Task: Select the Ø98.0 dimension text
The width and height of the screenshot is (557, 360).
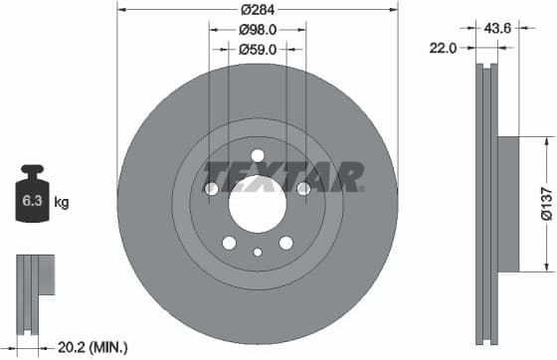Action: [x=258, y=29]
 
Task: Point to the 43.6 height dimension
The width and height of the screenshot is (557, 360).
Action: [x=496, y=28]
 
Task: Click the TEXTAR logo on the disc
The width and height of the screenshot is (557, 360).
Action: [x=284, y=177]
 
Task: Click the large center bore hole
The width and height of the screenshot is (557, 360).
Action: [x=258, y=205]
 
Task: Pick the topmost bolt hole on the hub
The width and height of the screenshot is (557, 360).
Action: [x=258, y=155]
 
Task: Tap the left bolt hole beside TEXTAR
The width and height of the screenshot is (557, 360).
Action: [x=211, y=189]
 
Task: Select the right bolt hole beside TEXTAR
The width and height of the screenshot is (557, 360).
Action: [x=304, y=189]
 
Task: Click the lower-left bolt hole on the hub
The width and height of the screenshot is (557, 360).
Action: [x=229, y=243]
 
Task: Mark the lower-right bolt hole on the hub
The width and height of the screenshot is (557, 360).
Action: [x=286, y=243]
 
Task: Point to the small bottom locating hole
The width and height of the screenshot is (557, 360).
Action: [x=258, y=253]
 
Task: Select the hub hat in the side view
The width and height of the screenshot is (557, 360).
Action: [x=507, y=203]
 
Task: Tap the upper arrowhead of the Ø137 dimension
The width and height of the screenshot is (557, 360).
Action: [x=545, y=142]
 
